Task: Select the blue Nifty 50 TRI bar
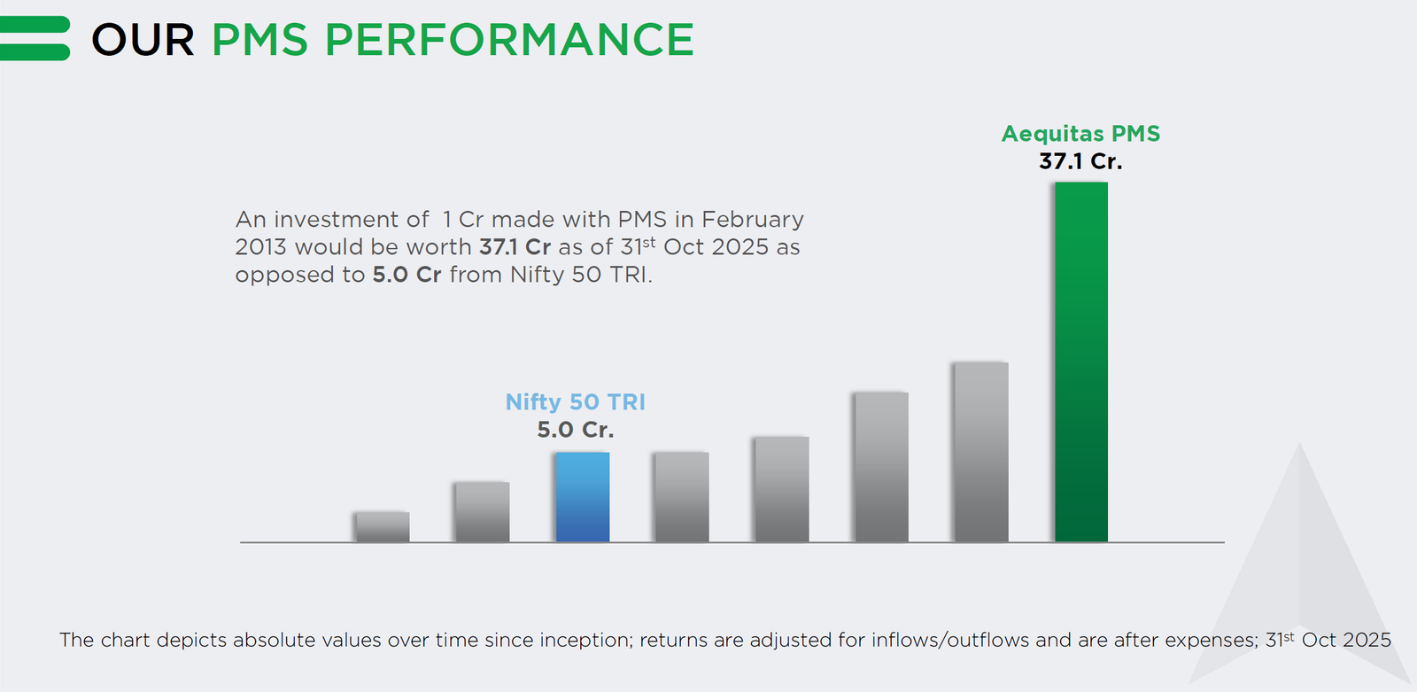[582, 497]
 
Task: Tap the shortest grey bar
[382, 526]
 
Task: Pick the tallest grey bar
[980, 452]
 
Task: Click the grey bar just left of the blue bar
[482, 512]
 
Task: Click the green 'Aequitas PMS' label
[1080, 134]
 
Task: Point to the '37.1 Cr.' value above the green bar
[1080, 161]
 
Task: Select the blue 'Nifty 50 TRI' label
[575, 402]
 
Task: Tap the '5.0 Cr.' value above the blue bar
[575, 430]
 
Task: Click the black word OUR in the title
[143, 40]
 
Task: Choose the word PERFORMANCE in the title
[509, 40]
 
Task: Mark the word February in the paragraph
[753, 220]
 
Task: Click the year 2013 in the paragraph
[261, 247]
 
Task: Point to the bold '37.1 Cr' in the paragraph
[515, 247]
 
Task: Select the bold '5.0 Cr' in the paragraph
[407, 275]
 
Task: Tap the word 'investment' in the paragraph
[351, 220]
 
